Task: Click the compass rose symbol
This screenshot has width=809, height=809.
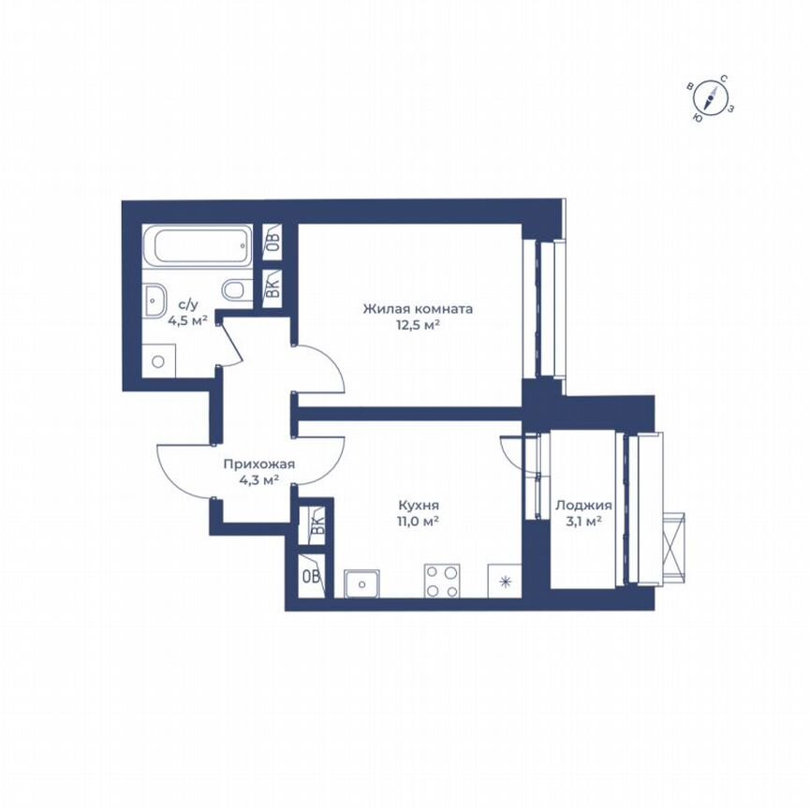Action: point(713,99)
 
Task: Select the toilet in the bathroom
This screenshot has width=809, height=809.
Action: point(235,290)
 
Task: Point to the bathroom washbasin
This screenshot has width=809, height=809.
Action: point(154,300)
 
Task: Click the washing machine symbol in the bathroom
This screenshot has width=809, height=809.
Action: point(159,360)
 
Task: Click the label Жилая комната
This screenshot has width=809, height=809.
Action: point(418,308)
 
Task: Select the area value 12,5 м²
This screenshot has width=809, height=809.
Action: point(418,325)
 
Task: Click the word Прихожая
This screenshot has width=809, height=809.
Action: point(259,463)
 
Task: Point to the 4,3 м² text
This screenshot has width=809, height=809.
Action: point(259,480)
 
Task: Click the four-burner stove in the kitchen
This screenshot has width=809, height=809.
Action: point(443,581)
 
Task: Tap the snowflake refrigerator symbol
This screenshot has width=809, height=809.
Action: point(506,582)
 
